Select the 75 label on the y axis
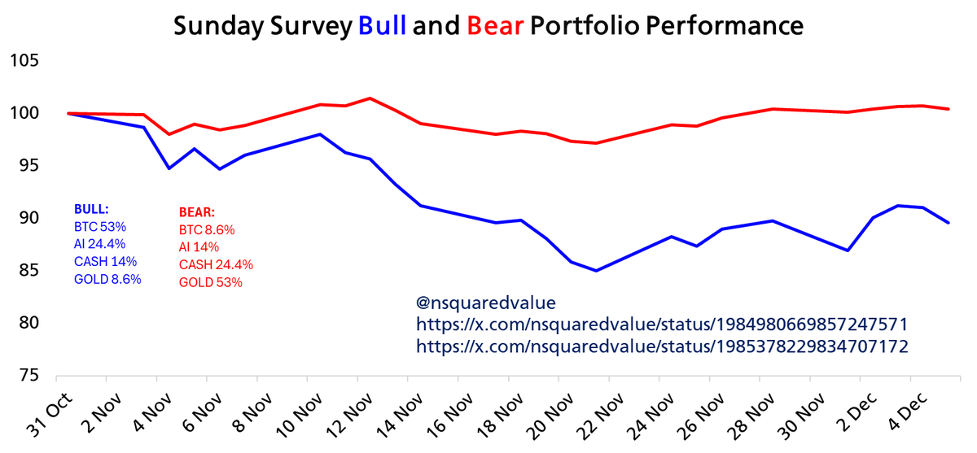30,377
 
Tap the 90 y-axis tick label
30,219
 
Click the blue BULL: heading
91,209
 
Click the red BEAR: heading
196,214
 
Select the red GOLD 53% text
210,282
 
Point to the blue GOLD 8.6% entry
107,279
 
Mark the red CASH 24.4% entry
216,265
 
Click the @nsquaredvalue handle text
485,303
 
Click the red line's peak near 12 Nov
370,98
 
